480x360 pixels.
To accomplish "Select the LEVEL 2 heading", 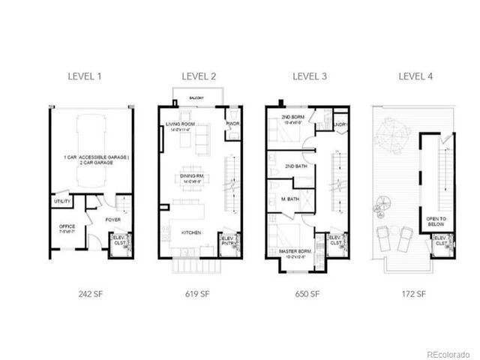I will click(198, 76).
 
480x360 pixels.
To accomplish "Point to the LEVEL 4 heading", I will click(415, 76).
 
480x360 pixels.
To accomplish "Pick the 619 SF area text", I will click(198, 293).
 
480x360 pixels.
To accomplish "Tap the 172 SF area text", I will click(415, 293).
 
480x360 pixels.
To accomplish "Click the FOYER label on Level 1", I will click(113, 220).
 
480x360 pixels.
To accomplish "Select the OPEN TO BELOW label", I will click(436, 222).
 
